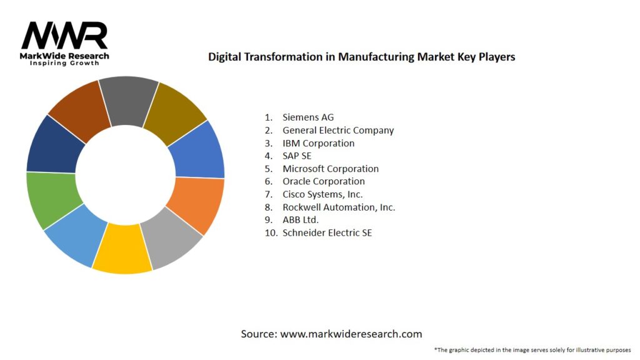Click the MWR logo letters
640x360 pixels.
pyautogui.click(x=64, y=36)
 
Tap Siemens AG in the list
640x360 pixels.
pyautogui.click(x=308, y=117)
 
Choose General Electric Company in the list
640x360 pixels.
pyautogui.click(x=338, y=131)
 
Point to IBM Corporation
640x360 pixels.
pyautogui.click(x=318, y=143)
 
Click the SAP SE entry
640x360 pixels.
pyautogui.click(x=297, y=156)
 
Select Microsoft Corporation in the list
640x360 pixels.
pyautogui.click(x=331, y=169)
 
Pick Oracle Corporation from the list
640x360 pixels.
pyautogui.click(x=324, y=181)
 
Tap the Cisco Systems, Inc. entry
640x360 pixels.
pyautogui.click(x=322, y=194)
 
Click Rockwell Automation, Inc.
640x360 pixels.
pyautogui.click(x=339, y=207)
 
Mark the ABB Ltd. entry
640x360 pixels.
pyautogui.click(x=301, y=220)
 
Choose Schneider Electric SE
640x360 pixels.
pyautogui.click(x=327, y=232)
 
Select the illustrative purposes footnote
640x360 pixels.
pyautogui.click(x=532, y=349)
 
